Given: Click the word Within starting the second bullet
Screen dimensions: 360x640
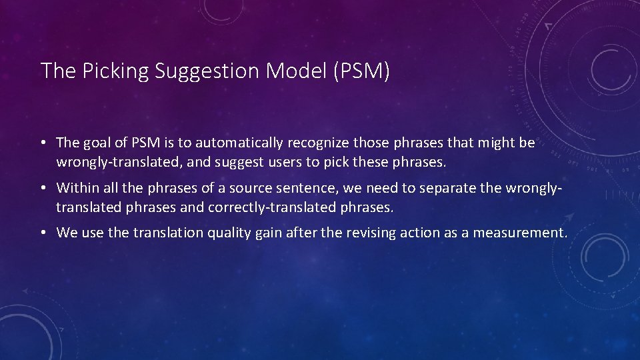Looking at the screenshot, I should click(x=77, y=188).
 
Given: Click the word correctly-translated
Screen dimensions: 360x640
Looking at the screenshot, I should click(x=269, y=207).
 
